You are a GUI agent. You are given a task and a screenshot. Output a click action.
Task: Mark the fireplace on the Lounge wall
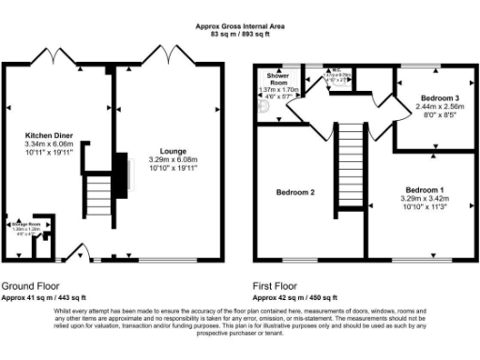118,173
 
